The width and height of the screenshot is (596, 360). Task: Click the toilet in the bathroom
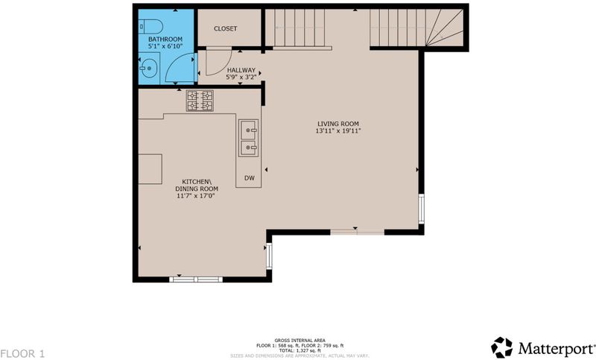(x=151, y=27)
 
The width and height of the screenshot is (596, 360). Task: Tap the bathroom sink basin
(x=148, y=69)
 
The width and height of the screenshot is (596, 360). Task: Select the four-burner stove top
(x=200, y=101)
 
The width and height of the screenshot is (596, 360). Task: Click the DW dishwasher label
(x=250, y=178)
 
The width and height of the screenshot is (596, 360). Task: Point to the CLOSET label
(x=226, y=28)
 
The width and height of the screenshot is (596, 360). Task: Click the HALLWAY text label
(x=241, y=70)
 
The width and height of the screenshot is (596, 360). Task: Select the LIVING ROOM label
(x=338, y=124)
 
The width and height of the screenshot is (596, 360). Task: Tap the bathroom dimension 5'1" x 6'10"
(x=165, y=46)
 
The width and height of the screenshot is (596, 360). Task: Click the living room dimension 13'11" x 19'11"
(x=338, y=130)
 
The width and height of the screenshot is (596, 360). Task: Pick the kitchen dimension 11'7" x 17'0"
(x=196, y=196)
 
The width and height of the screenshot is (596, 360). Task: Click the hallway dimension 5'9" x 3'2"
(x=241, y=78)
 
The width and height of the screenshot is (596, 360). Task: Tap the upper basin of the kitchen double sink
(x=249, y=130)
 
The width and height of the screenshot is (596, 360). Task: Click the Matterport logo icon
(x=501, y=347)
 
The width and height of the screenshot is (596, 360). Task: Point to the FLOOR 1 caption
(x=22, y=353)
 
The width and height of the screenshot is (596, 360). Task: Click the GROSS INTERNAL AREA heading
(x=300, y=341)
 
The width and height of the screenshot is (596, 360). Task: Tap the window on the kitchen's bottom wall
(x=196, y=280)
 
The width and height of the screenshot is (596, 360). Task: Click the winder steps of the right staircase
(x=445, y=28)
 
